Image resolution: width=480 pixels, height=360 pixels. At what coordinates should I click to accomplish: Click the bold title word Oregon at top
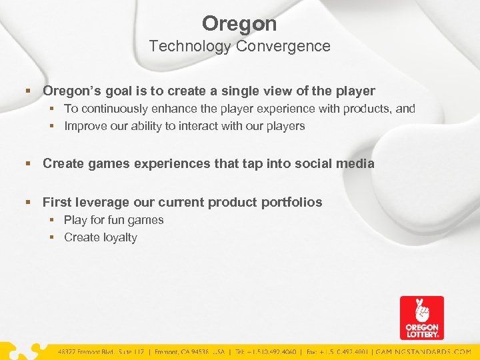239,24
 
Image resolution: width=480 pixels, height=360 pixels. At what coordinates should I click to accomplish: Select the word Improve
85,126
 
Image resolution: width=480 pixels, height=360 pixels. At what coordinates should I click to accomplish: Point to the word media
357,163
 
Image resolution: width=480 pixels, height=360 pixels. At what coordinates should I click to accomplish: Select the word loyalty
119,237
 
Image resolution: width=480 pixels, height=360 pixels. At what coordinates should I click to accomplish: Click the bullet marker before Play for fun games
54,220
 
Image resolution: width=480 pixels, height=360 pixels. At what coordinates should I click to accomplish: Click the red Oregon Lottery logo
421,318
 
